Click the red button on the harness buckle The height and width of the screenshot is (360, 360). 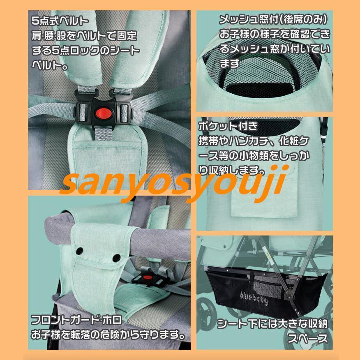[103, 111]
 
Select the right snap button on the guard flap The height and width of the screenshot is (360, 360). [116, 258]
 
